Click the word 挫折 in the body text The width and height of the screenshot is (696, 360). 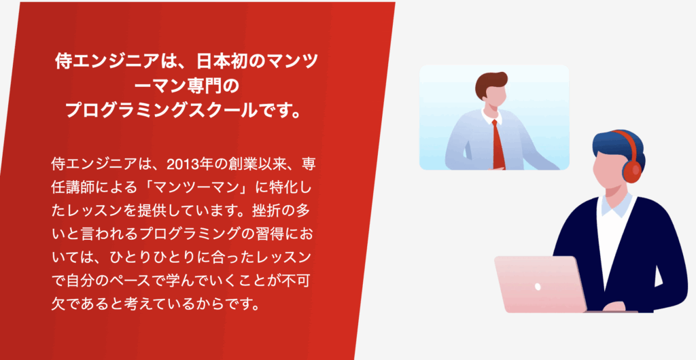tap(266, 211)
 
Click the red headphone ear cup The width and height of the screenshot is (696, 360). tap(633, 169)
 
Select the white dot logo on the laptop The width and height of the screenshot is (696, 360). tap(538, 287)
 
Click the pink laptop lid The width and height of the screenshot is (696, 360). tap(540, 284)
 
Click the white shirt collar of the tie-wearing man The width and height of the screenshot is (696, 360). tap(492, 116)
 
